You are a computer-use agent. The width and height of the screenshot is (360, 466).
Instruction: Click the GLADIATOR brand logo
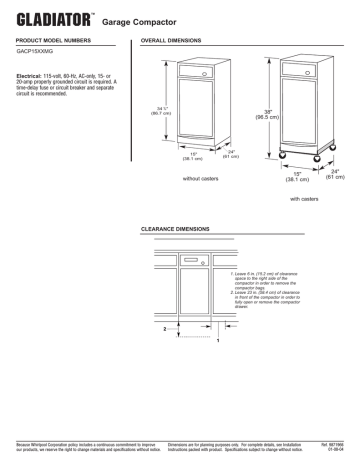(x=49, y=18)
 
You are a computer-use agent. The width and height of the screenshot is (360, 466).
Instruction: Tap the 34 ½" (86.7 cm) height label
(x=157, y=113)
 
